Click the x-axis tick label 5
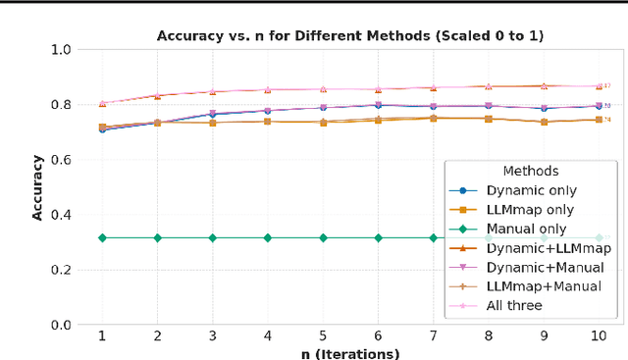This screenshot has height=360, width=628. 323,335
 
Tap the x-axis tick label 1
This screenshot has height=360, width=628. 101,335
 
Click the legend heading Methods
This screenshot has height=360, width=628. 530,171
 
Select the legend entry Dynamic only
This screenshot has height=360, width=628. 531,190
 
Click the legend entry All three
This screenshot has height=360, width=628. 513,305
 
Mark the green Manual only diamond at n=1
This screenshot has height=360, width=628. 101,237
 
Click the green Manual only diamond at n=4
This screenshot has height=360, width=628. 268,237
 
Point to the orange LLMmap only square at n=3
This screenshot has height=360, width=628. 212,122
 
